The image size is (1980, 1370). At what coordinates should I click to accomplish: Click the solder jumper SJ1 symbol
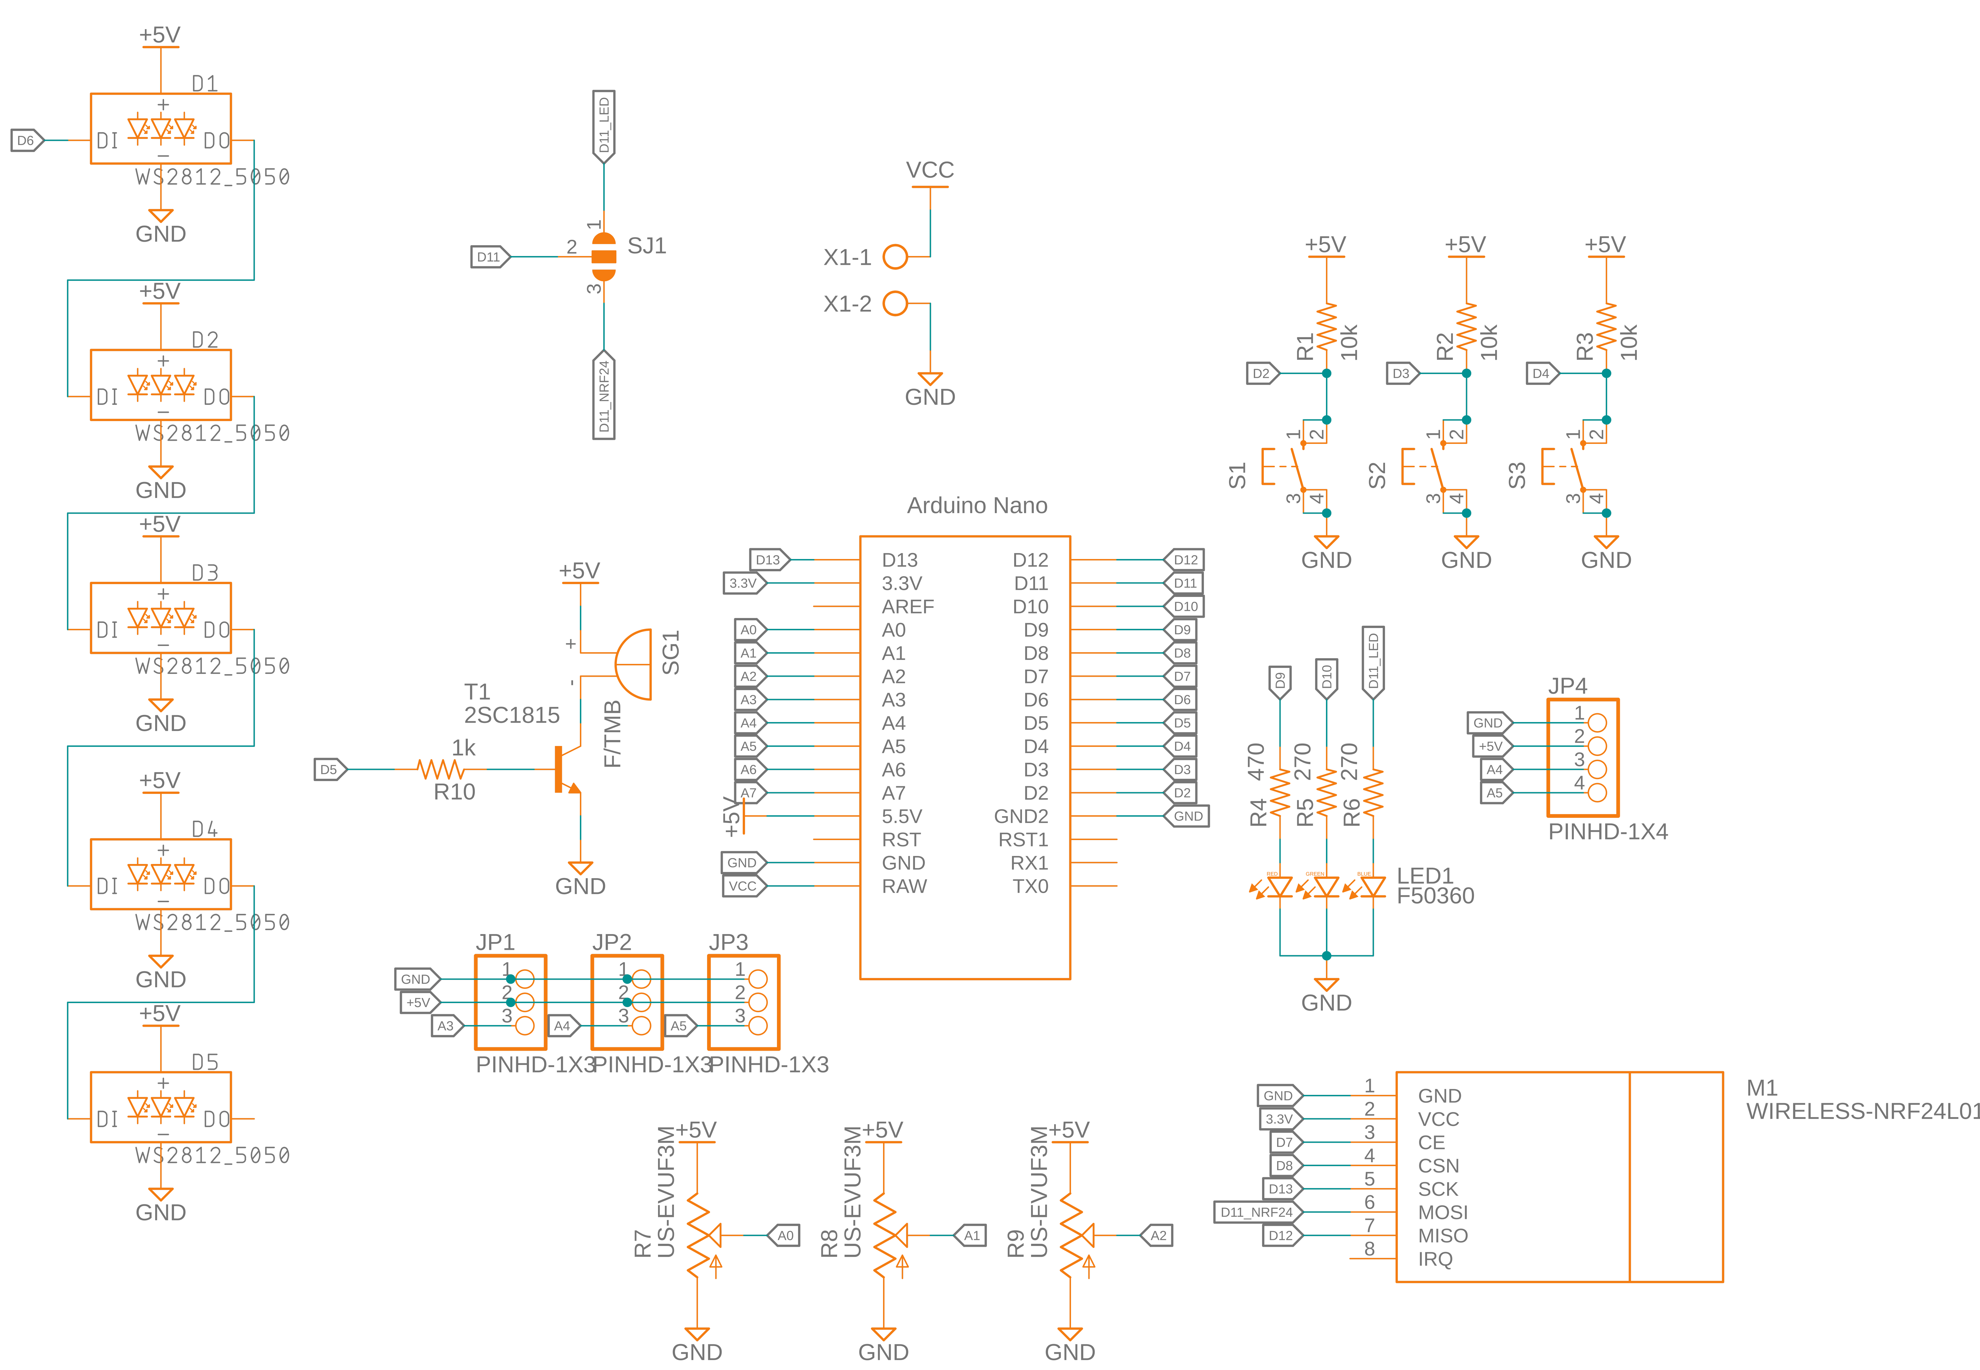tap(604, 257)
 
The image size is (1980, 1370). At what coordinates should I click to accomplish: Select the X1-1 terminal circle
tap(895, 257)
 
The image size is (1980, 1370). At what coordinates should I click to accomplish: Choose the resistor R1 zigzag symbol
tap(1327, 326)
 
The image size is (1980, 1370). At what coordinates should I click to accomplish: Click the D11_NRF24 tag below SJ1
tap(604, 397)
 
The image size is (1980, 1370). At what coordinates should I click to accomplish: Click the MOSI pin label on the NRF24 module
tap(1442, 1212)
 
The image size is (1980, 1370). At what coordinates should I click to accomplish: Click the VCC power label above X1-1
tap(930, 170)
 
